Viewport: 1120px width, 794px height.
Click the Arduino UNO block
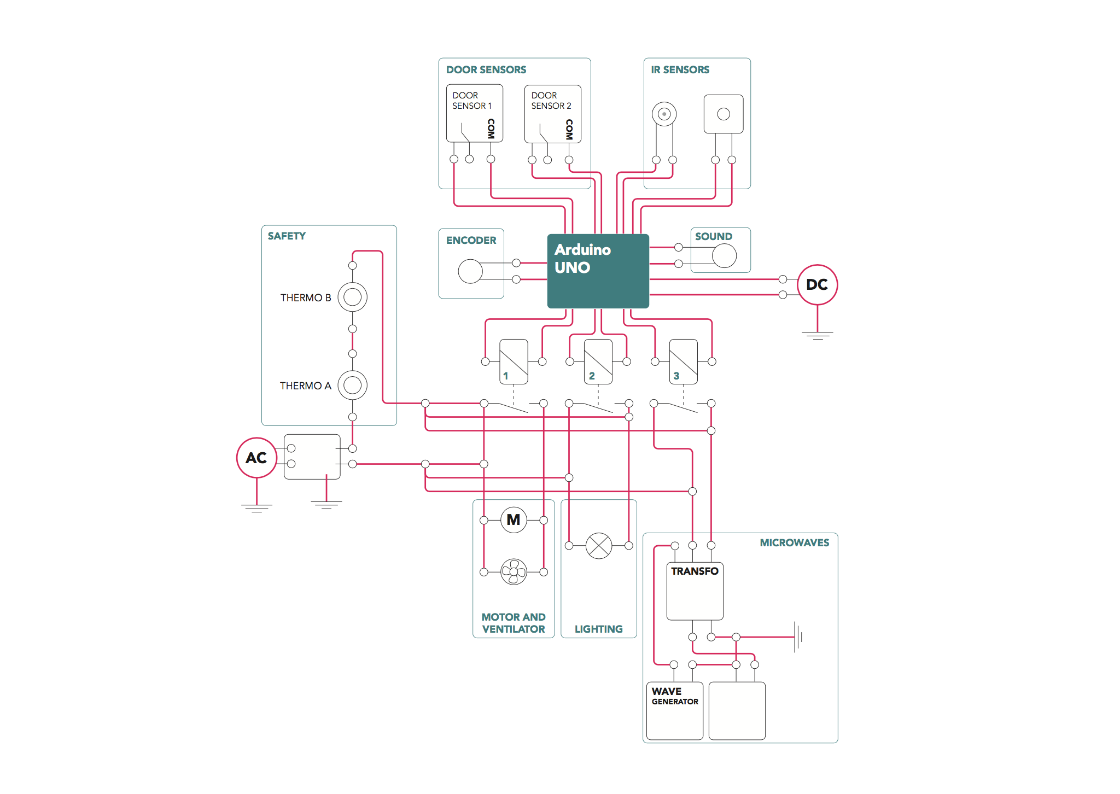point(598,271)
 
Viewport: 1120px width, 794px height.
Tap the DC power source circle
point(817,284)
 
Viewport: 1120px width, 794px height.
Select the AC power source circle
point(256,458)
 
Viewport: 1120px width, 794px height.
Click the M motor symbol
point(514,519)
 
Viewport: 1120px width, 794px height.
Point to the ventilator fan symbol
point(514,572)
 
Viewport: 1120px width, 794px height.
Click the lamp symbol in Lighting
point(599,546)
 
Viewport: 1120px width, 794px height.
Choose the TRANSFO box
point(695,591)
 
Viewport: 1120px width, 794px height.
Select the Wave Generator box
point(675,711)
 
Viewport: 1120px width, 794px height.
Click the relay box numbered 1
point(514,361)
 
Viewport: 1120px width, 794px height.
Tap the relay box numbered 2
point(598,361)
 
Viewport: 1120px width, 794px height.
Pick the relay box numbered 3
point(684,361)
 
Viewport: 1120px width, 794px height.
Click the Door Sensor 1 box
point(475,113)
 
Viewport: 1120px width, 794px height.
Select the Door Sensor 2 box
point(553,114)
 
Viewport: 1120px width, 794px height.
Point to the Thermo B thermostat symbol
point(353,297)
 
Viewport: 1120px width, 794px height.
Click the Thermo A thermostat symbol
point(353,385)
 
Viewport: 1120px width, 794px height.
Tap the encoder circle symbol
point(470,271)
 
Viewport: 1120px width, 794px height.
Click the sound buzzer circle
point(725,255)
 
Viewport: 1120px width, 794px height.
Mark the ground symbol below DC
point(818,335)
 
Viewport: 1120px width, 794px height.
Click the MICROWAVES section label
point(795,542)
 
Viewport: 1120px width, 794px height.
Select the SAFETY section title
point(287,236)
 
